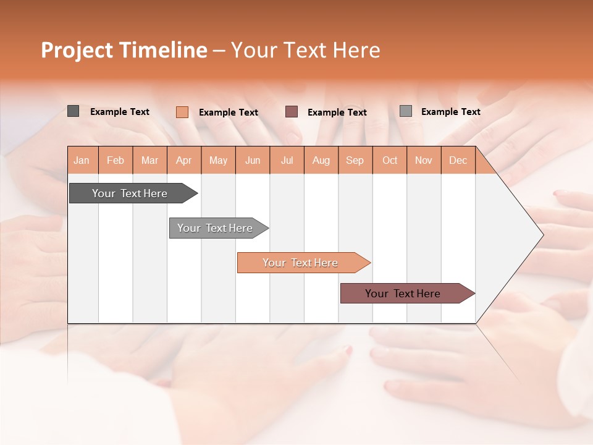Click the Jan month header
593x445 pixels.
82,160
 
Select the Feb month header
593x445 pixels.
116,160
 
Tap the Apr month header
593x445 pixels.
183,160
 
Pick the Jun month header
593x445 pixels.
253,160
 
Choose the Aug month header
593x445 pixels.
321,160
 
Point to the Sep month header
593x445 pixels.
355,160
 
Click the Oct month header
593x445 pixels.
390,160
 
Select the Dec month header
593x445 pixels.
458,160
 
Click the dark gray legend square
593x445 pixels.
73,111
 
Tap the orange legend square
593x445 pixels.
182,112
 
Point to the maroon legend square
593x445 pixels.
292,111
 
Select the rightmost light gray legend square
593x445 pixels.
406,111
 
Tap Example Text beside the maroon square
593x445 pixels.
337,112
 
